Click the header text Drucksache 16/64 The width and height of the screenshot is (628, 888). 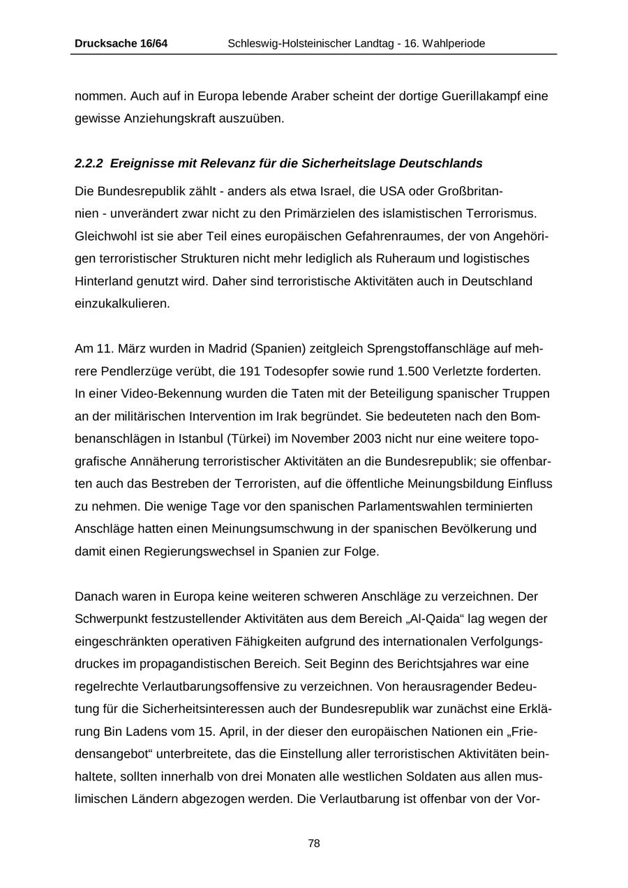[121, 43]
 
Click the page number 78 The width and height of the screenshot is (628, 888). [314, 843]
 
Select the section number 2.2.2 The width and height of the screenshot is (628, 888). [89, 164]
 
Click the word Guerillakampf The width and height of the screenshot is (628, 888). [481, 96]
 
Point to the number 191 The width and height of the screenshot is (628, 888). [250, 371]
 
